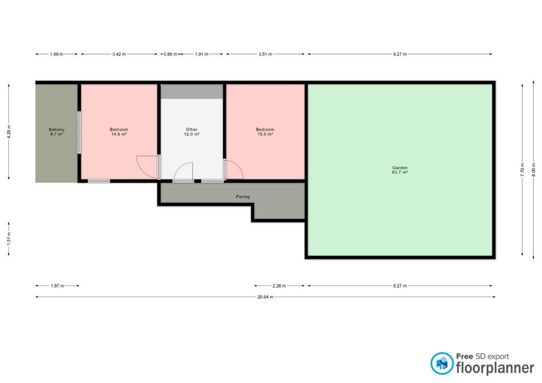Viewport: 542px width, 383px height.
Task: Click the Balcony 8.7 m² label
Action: pyautogui.click(x=56, y=131)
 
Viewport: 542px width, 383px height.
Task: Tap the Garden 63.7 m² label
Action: pyautogui.click(x=400, y=170)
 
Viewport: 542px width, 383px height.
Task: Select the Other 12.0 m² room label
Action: pyautogui.click(x=191, y=131)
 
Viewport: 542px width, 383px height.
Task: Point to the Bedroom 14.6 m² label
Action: pyautogui.click(x=119, y=131)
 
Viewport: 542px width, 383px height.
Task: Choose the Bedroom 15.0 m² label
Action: pyautogui.click(x=265, y=131)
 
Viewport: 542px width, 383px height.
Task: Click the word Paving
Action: pyautogui.click(x=243, y=196)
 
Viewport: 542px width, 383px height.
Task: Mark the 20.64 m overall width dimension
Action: pyautogui.click(x=265, y=297)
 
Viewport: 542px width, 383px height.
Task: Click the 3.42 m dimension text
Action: pyautogui.click(x=119, y=54)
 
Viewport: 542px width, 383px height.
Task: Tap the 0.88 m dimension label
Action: pyautogui.click(x=171, y=54)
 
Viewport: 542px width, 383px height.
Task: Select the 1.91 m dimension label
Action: pyautogui.click(x=202, y=54)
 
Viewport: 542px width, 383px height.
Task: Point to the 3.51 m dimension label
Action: pyautogui.click(x=265, y=54)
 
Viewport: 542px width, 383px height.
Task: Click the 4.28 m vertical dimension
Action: pyautogui.click(x=9, y=131)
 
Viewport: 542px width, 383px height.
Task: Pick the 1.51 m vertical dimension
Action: pyautogui.click(x=9, y=239)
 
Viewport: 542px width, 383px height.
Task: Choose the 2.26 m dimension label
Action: pyautogui.click(x=279, y=285)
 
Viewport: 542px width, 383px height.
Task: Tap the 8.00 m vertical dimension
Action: pyautogui.click(x=534, y=170)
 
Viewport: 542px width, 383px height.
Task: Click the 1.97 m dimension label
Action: pyautogui.click(x=58, y=285)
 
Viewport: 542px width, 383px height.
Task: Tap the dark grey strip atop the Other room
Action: pyautogui.click(x=192, y=91)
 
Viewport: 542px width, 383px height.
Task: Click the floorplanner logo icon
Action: pyautogui.click(x=442, y=363)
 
